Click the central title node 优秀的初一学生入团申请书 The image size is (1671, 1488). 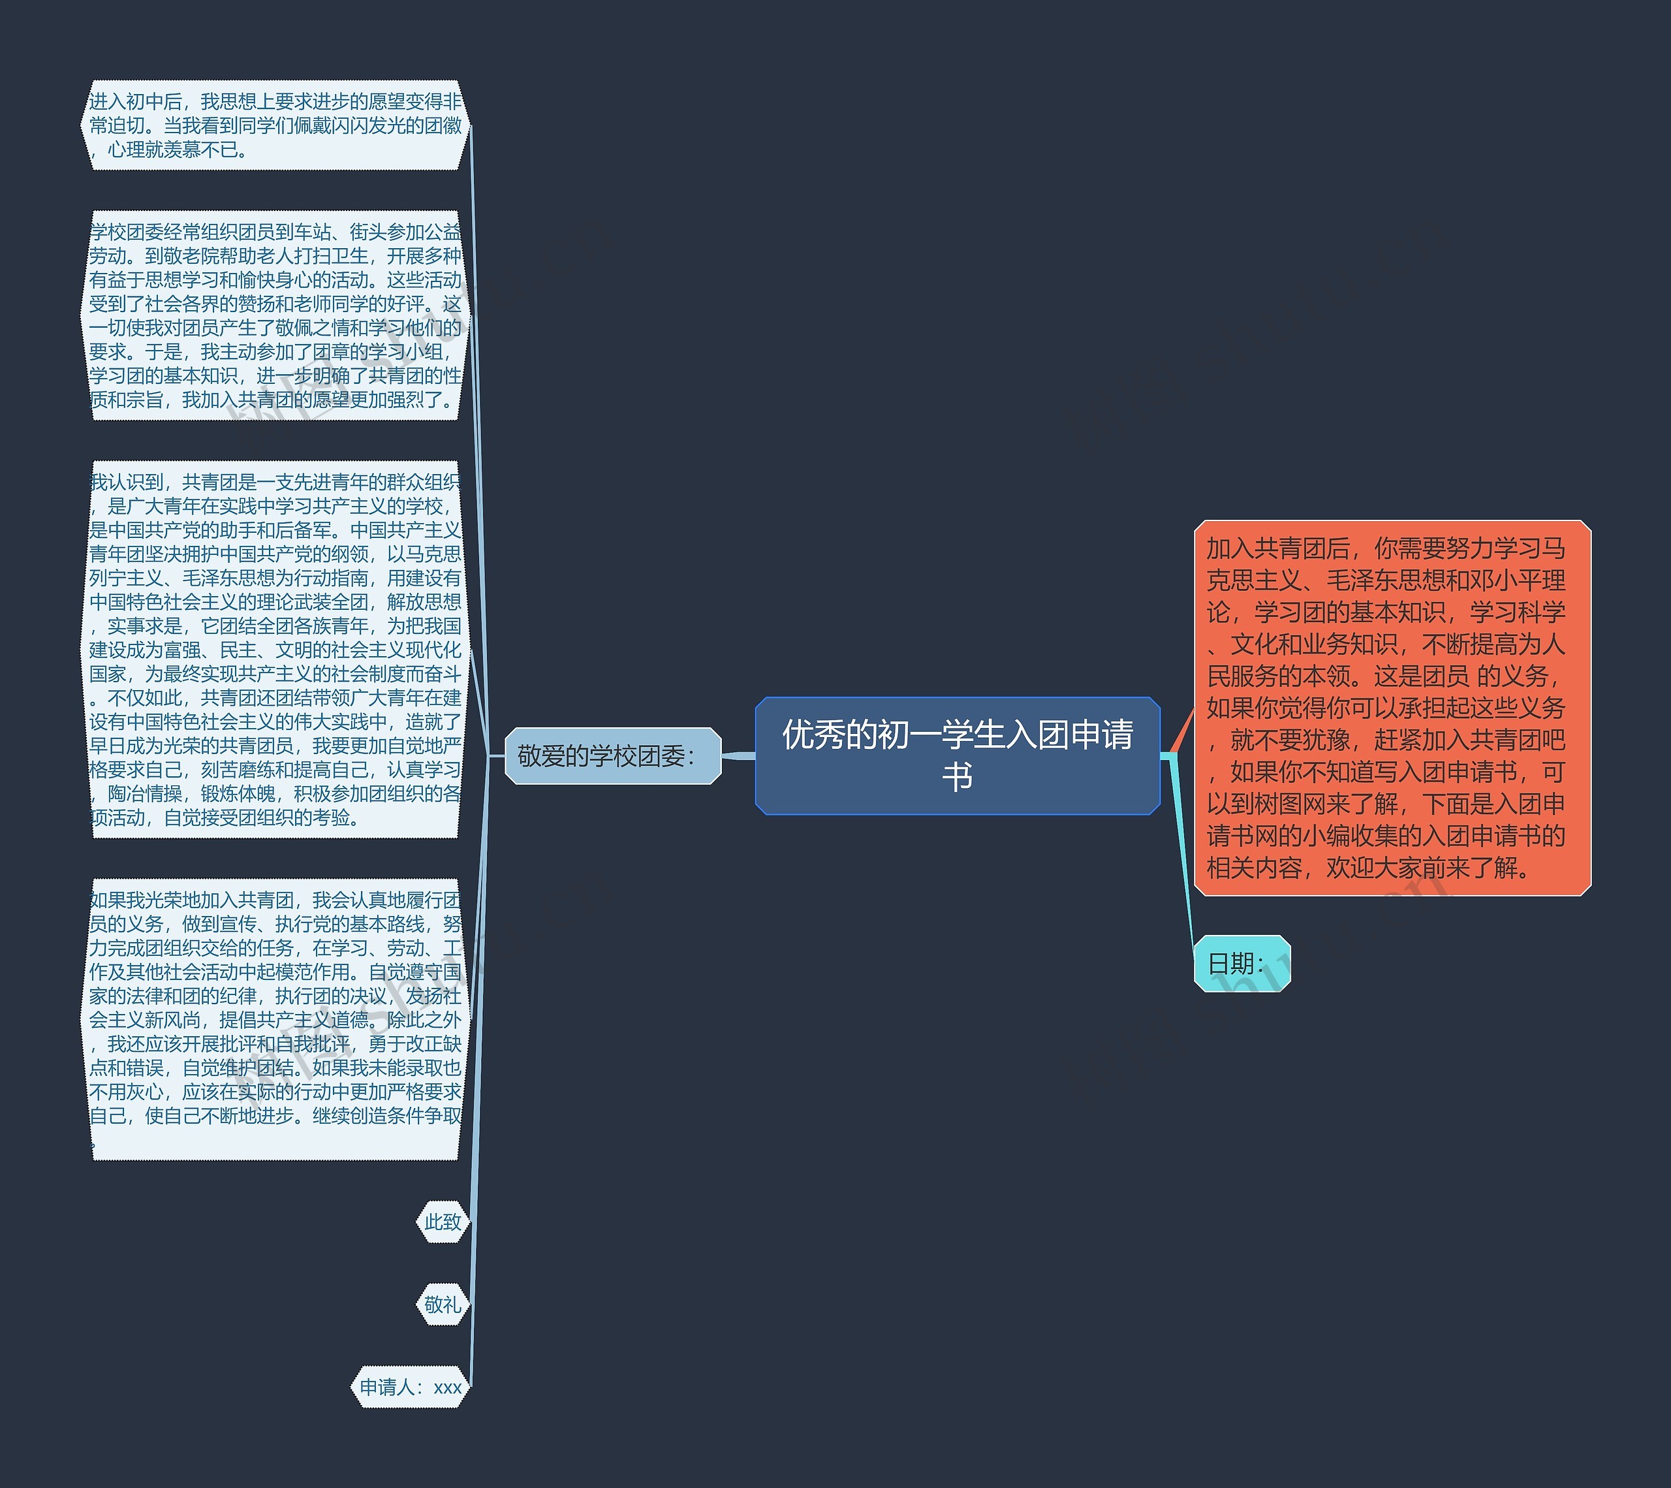coord(956,755)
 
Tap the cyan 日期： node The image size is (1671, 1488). coord(1241,963)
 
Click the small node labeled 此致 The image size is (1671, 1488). coord(443,1222)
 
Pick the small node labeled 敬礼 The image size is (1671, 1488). coord(443,1304)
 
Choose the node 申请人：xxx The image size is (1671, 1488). coord(411,1387)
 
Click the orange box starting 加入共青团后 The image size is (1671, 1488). coord(1392,707)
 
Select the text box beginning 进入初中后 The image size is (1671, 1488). coord(275,125)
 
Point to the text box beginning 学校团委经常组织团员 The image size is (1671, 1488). coord(275,315)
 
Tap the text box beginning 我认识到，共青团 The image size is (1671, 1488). coord(275,649)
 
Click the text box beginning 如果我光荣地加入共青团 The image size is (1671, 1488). coord(275,1019)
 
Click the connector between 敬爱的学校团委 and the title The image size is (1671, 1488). coord(738,755)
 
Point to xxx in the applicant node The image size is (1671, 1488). coord(447,1387)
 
